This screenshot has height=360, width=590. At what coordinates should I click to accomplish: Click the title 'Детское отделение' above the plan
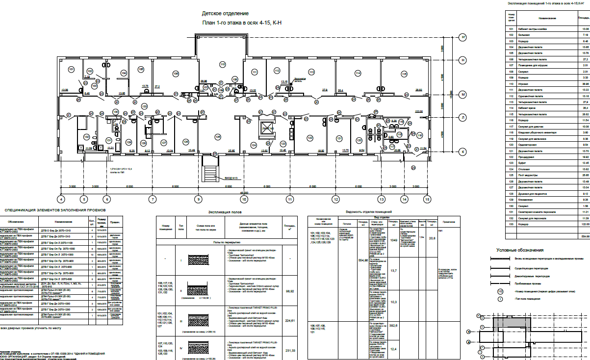[x=229, y=14]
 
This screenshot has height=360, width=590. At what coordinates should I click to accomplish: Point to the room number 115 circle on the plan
[x=404, y=74]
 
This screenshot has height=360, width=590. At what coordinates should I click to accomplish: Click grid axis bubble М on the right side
[x=462, y=94]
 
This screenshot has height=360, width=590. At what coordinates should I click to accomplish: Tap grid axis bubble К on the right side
[x=462, y=152]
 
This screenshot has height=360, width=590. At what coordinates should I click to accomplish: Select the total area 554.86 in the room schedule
[x=584, y=236]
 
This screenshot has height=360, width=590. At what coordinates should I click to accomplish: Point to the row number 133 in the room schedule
[x=512, y=224]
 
